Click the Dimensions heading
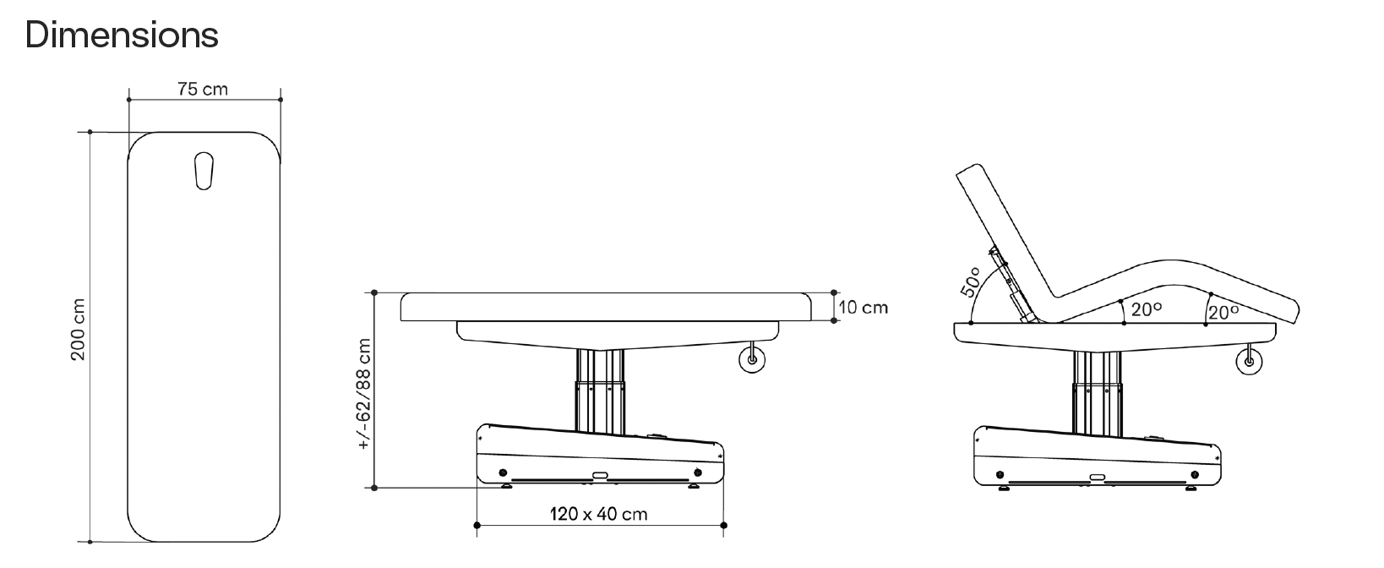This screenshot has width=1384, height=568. click(122, 35)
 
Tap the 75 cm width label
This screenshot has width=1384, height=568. click(203, 90)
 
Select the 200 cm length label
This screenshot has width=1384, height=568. click(78, 330)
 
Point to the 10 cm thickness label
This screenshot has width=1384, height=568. click(864, 307)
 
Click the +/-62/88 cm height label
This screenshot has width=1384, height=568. click(364, 394)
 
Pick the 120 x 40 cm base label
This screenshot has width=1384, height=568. click(599, 514)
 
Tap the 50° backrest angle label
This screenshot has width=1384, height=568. click(971, 281)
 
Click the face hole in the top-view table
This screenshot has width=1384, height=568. click(204, 171)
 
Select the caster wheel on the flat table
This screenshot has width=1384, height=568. click(752, 359)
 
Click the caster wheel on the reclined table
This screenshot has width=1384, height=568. click(1249, 361)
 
